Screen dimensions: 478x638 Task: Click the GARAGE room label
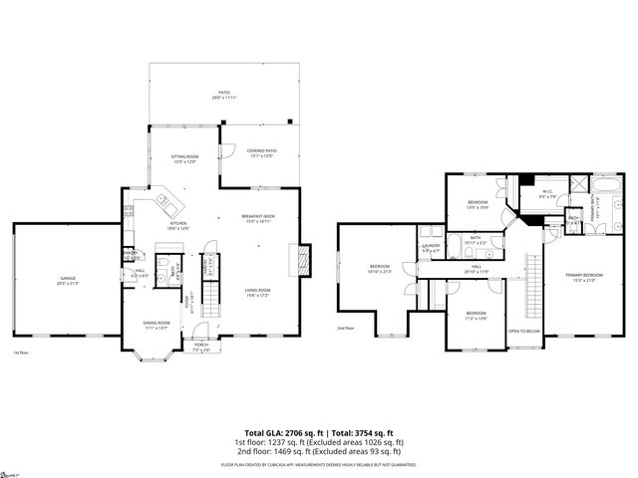coord(67,280)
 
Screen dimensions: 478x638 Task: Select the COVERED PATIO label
coord(261,152)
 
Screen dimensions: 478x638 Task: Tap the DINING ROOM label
coord(157,325)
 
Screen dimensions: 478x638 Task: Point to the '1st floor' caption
coord(21,353)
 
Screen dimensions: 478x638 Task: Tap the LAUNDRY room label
coord(431,246)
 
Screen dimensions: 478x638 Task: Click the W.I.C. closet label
coord(547,193)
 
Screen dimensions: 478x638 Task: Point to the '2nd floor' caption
coord(346,328)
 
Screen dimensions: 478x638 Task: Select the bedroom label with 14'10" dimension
coord(380,268)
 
